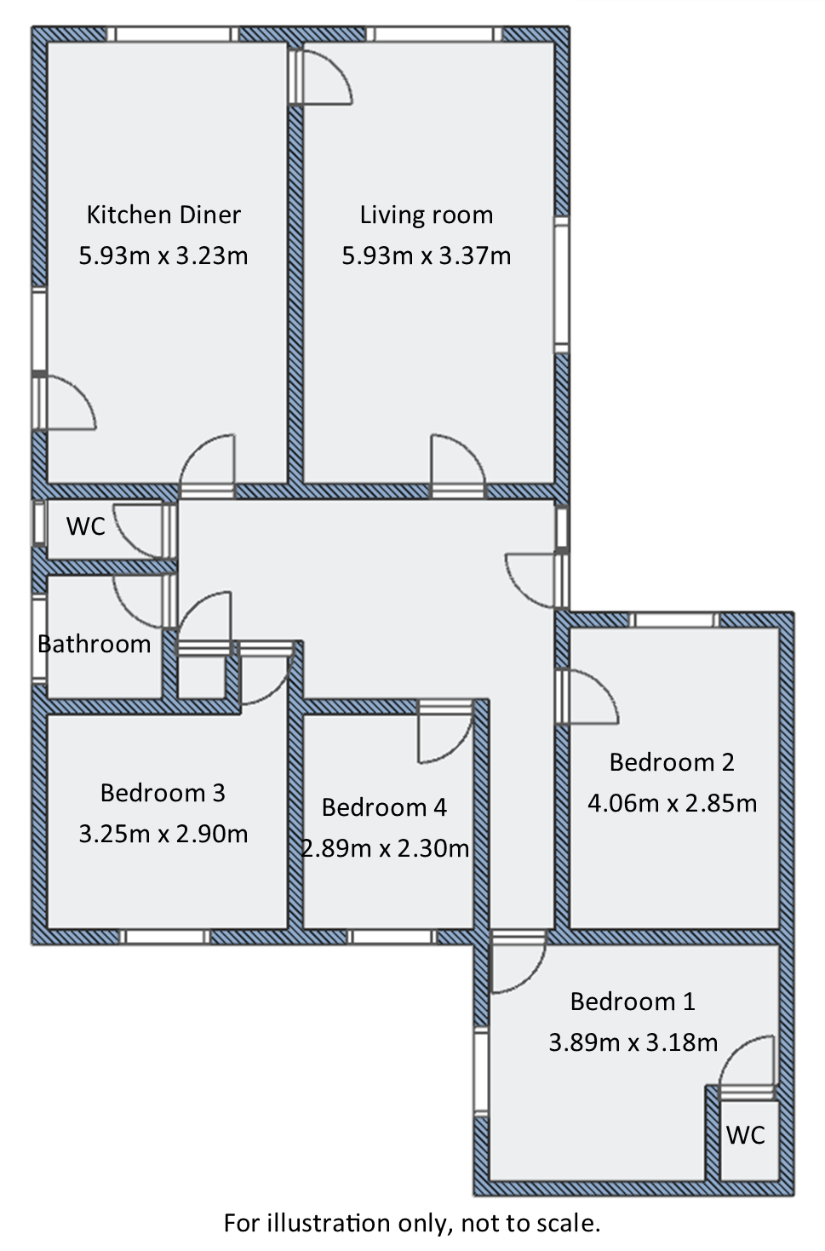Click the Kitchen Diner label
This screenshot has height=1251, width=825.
tap(163, 215)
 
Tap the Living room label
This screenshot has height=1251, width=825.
tap(426, 215)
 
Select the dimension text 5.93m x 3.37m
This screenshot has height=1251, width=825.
tap(426, 255)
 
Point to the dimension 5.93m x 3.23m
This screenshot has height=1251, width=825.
tap(163, 255)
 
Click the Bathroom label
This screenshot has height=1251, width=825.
tap(95, 644)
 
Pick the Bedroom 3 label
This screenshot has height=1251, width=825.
tap(163, 793)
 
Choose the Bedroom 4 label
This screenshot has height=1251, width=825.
tap(384, 807)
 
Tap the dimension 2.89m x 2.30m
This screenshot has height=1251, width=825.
tap(386, 848)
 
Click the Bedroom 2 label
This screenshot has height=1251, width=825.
tap(672, 762)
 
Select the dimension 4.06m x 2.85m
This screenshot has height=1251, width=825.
tap(672, 803)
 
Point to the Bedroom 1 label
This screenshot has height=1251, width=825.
tap(633, 1001)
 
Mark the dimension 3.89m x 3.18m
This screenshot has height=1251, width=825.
tap(633, 1042)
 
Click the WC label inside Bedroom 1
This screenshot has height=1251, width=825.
tap(746, 1135)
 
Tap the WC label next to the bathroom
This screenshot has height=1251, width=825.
tap(86, 526)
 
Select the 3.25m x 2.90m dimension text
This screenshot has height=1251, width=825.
tap(163, 834)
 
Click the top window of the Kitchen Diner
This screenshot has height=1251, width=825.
tap(172, 34)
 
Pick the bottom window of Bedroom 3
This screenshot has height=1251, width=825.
tap(163, 937)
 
